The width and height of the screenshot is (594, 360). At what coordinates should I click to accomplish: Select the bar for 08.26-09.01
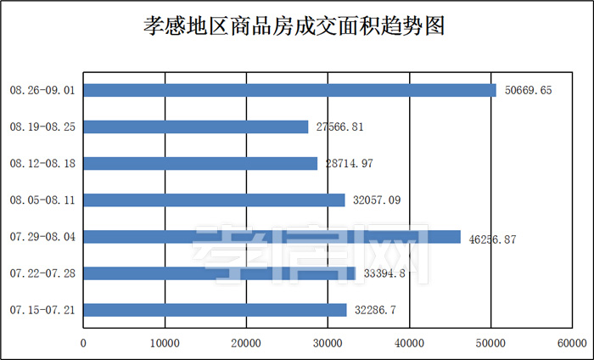click(289, 90)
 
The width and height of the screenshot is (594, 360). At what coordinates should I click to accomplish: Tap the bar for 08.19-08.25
click(196, 127)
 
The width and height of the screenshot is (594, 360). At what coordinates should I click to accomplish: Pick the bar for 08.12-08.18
click(200, 163)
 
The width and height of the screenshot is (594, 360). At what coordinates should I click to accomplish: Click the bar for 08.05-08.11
click(214, 200)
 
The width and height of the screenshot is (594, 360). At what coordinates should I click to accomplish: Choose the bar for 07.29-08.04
click(272, 237)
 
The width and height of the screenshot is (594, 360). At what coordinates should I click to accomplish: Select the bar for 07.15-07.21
click(215, 310)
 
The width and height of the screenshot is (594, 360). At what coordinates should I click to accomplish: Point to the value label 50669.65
click(528, 91)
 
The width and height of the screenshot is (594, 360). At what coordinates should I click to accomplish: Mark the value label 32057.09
click(377, 200)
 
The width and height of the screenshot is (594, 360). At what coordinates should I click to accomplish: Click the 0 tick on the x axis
click(83, 344)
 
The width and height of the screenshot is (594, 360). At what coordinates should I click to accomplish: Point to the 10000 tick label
click(164, 344)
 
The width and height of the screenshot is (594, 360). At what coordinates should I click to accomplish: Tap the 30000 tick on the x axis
click(328, 344)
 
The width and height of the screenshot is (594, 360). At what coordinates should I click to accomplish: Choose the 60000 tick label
click(573, 344)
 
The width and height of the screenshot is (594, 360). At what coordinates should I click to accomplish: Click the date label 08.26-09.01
click(42, 90)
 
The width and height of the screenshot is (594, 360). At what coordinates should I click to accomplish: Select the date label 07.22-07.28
click(42, 273)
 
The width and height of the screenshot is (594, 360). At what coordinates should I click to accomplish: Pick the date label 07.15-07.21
click(42, 310)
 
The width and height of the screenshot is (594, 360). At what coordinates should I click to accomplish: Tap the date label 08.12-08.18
click(42, 163)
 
